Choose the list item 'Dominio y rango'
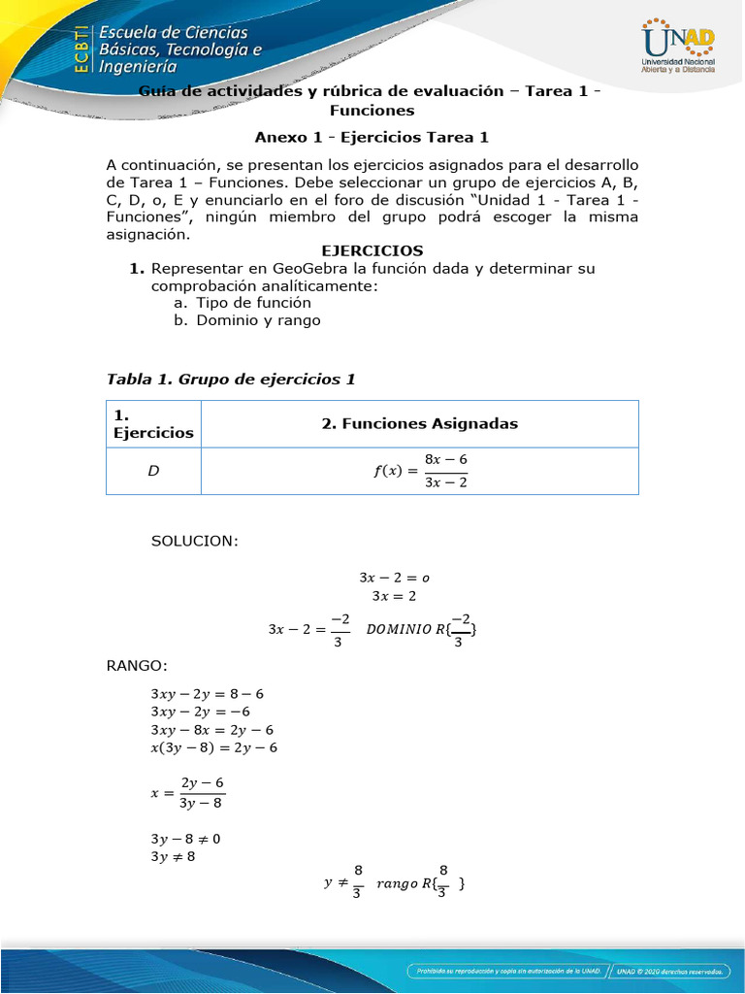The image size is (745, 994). (247, 319)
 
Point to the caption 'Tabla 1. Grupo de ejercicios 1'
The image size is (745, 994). (231, 379)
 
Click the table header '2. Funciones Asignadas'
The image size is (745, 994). (419, 423)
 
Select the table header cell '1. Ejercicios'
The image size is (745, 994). (153, 423)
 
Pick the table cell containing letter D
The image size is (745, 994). (153, 472)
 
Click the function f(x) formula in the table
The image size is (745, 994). (420, 471)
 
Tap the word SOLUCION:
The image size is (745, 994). (194, 541)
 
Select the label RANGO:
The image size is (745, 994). (137, 665)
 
